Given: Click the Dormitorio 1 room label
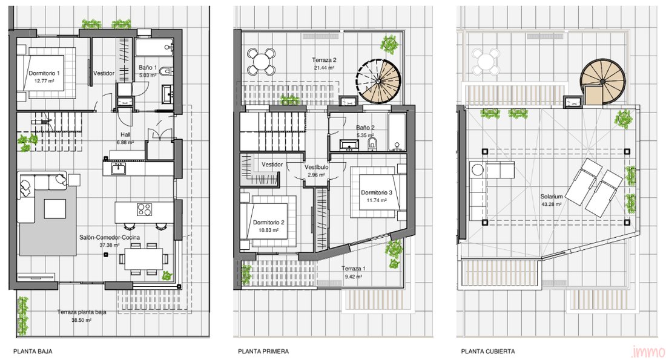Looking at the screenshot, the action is coord(44,73).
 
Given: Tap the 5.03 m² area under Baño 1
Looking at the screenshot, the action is coord(148,75).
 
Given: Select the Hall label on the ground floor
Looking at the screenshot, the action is coord(125,134).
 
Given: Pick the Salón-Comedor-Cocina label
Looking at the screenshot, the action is coord(110,237).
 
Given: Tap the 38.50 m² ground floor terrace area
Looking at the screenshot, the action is coord(82,320).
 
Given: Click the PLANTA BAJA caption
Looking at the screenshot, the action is coord(33,352).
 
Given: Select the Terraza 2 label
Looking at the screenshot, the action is coord(324,61).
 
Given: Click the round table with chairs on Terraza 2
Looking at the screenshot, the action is coord(261,62).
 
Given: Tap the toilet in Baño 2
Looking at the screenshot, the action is coord(372,143).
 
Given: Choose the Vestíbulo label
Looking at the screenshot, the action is coord(317,167).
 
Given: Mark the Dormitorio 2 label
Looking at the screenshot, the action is coord(269,223).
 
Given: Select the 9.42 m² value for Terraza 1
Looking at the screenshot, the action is coord(354,277).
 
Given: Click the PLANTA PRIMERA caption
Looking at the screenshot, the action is coord(263,352).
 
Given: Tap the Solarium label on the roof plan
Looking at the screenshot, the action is coord(552,197).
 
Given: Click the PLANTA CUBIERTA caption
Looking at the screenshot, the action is coord(488,352).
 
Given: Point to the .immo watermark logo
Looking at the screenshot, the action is coord(648,352).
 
